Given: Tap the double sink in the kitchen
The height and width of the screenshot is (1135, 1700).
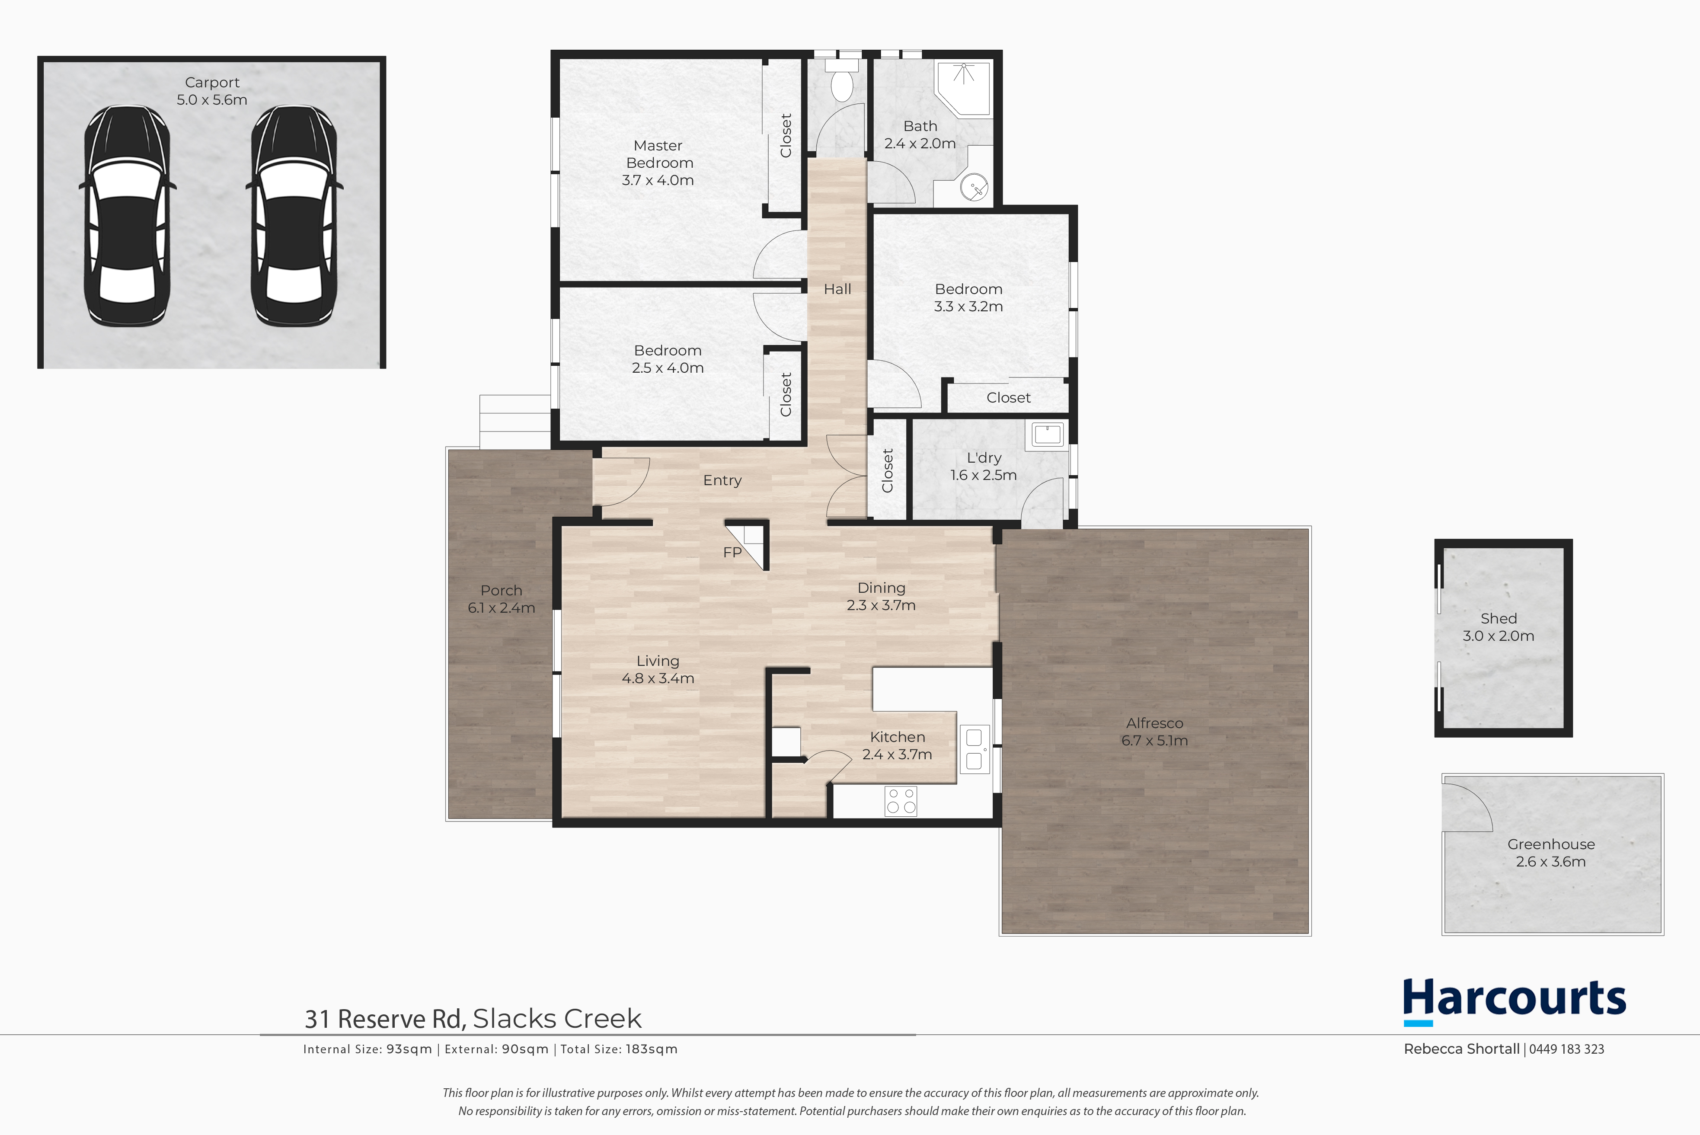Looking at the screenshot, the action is coord(974,749).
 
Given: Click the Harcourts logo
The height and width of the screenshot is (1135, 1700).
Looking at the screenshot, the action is coord(1514,1001).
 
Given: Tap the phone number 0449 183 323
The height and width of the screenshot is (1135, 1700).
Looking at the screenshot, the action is coord(1566,1049).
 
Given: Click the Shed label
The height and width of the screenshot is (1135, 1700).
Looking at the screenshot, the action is coord(1499,618).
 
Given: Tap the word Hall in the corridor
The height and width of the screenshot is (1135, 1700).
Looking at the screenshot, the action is coord(837,289).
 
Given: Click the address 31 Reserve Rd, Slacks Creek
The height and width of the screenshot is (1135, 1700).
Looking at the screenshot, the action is coord(473,1018).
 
